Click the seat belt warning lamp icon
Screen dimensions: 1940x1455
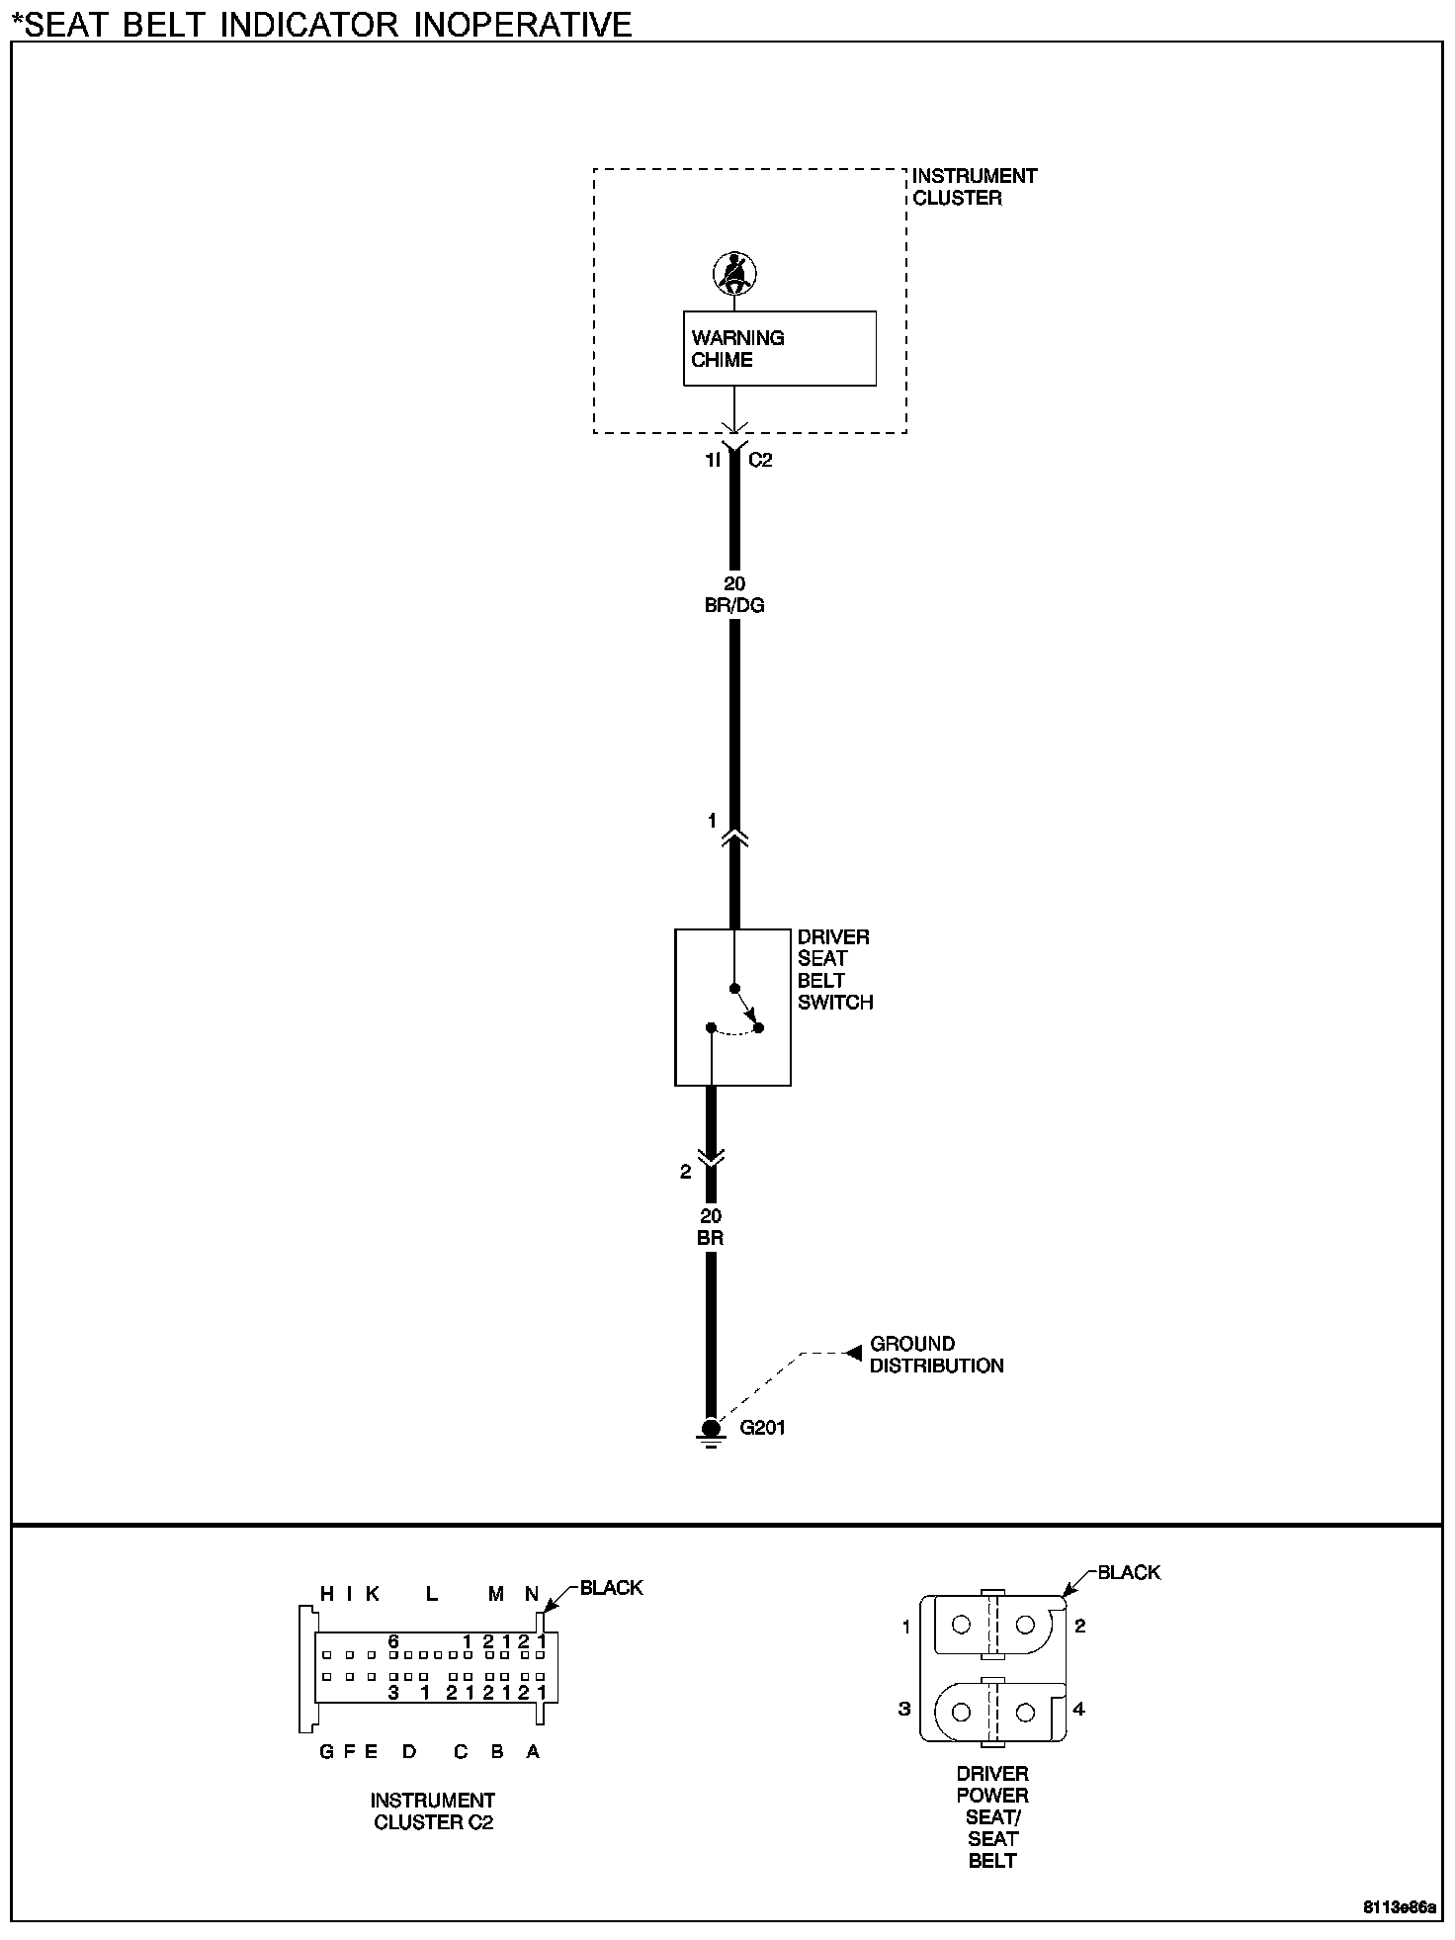point(734,273)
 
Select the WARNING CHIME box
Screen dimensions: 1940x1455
point(779,348)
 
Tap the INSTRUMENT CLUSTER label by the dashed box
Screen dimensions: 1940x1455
point(974,187)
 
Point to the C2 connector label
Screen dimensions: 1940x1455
point(759,460)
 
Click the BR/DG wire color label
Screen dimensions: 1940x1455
point(734,605)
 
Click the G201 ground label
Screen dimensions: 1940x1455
point(763,1427)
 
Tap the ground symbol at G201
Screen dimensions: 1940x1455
point(711,1430)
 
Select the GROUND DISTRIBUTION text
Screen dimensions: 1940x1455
point(936,1355)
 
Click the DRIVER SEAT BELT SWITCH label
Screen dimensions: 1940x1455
point(835,969)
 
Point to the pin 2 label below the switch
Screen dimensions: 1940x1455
point(686,1172)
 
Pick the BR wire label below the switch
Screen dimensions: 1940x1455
point(711,1238)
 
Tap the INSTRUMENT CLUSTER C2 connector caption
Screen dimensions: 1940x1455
point(433,1810)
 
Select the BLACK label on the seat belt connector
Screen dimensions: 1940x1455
point(1129,1572)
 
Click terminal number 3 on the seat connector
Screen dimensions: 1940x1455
point(904,1709)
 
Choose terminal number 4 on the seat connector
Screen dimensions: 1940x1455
point(1079,1709)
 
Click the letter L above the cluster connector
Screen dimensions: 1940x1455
point(432,1593)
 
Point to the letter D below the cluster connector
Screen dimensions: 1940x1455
point(409,1751)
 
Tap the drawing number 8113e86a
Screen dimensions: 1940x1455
point(1400,1907)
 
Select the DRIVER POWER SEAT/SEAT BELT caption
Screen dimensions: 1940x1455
point(992,1816)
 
